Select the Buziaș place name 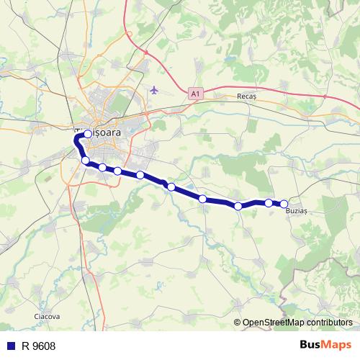[296, 211]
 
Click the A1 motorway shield [196, 93]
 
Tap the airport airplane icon [155, 90]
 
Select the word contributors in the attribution [330, 323]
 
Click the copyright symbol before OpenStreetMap [238, 323]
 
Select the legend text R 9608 [38, 346]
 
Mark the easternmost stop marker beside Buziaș [284, 204]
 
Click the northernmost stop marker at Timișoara [88, 134]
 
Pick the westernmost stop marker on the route [85, 161]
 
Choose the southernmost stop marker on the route [238, 207]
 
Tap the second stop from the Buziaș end [269, 203]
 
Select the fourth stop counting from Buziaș [203, 199]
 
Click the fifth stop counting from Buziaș [171, 187]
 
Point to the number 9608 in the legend [43, 346]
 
